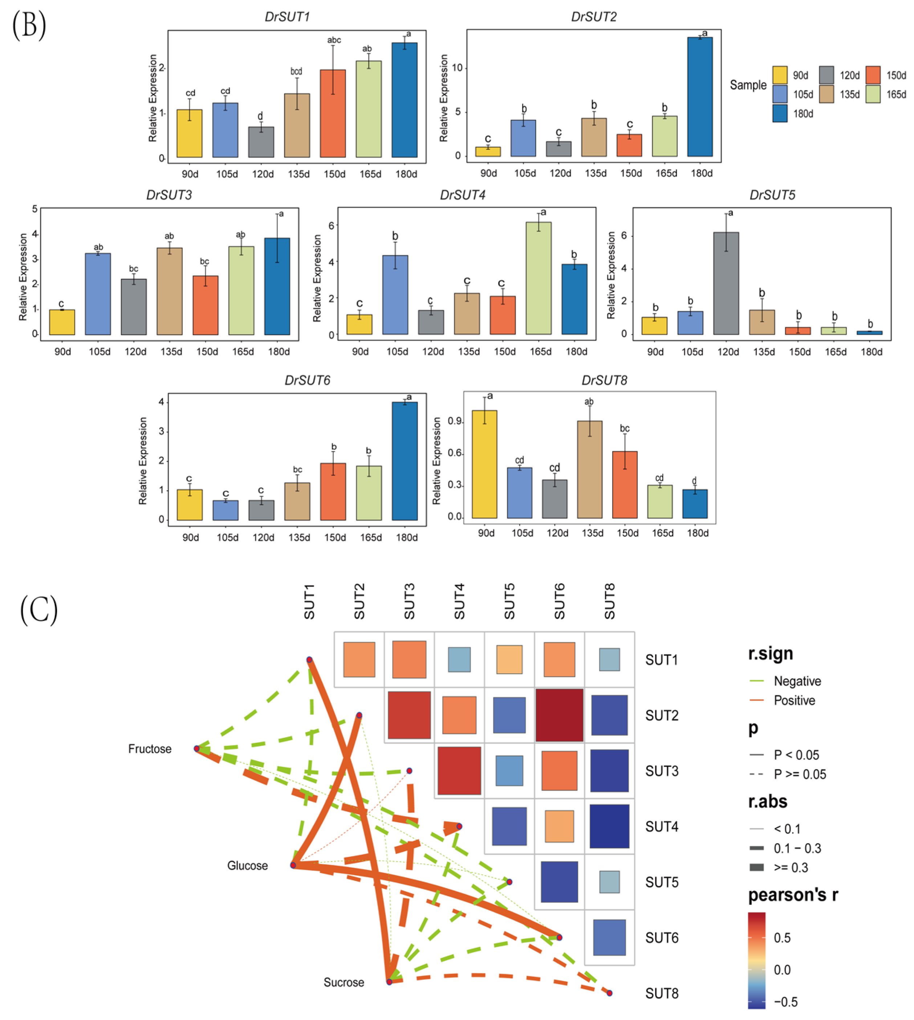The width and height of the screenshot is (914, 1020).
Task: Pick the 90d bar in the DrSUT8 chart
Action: tap(485, 464)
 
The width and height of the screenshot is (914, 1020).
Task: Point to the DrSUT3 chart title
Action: tap(169, 195)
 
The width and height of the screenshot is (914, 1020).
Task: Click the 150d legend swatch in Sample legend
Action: tap(873, 75)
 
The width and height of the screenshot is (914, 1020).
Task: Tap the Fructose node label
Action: tap(150, 749)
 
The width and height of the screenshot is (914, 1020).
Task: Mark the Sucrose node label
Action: tap(344, 982)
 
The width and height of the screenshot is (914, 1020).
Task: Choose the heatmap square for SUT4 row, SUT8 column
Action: tap(609, 826)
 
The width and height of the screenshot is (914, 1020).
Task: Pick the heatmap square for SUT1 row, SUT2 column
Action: tap(359, 659)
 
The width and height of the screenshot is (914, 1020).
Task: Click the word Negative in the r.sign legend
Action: tap(797, 681)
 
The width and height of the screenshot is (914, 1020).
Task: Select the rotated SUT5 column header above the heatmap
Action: tap(509, 601)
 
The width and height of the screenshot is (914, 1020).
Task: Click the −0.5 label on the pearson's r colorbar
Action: tap(785, 1002)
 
